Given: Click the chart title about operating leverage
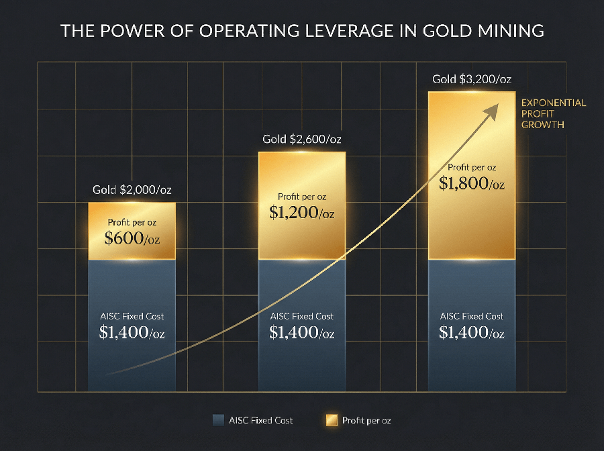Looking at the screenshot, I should point(301,31).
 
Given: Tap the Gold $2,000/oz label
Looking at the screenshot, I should point(132,190).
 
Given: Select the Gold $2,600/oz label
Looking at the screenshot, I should point(302,140).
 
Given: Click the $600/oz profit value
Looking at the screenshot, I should point(132,238).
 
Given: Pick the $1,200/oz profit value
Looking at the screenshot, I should point(302,213).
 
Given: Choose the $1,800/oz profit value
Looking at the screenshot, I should point(472,183).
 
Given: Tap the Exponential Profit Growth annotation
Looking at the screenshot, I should point(554,113).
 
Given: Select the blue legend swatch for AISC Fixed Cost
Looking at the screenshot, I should point(217,421).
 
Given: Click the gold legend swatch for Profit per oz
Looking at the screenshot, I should point(331,421).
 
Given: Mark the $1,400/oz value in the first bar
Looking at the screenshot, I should point(132,332).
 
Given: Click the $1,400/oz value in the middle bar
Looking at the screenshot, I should point(302,332).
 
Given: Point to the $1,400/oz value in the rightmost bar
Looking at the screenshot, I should point(472,332).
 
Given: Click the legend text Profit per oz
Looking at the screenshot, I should point(366,421).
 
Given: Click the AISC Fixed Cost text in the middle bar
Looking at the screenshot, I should point(302,315).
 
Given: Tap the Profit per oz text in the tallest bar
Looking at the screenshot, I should point(472,167).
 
